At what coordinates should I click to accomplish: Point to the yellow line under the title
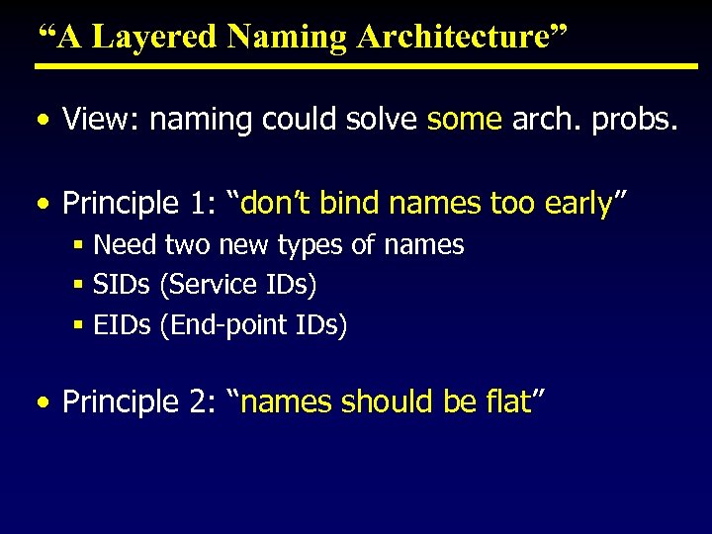(366, 66)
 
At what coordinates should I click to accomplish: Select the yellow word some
(465, 120)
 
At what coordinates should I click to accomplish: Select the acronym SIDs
(121, 285)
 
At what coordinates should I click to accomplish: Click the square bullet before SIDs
(78, 285)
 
